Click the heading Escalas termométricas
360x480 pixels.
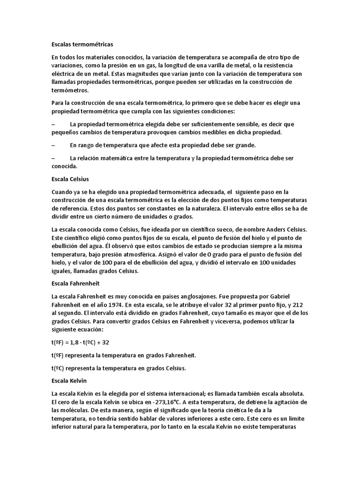(x=82, y=45)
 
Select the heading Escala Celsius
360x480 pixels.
(x=70, y=179)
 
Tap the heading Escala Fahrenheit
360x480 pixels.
(x=75, y=284)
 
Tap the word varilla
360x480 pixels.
(x=212, y=65)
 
